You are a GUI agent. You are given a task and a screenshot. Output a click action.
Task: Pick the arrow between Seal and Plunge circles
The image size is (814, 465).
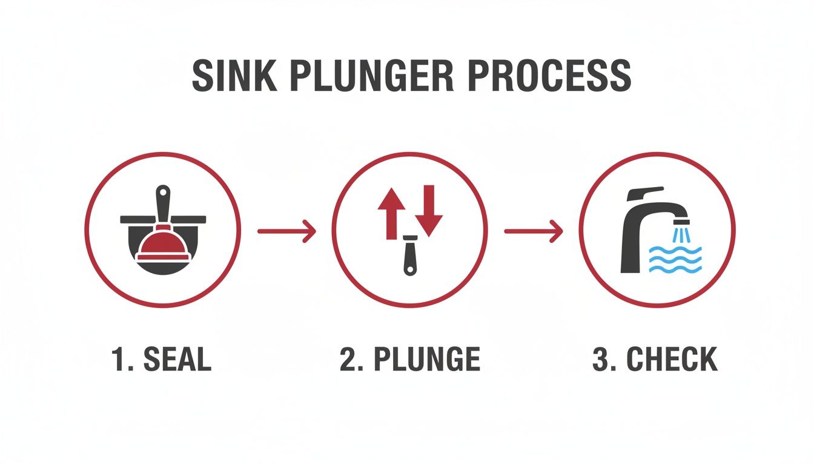286,231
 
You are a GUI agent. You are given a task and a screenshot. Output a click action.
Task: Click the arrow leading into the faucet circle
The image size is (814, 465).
533,231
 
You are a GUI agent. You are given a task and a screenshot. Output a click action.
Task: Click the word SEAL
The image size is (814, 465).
177,360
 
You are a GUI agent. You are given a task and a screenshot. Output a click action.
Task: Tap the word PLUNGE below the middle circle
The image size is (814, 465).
426,360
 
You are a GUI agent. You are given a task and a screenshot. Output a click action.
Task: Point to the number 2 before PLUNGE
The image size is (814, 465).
348,360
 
